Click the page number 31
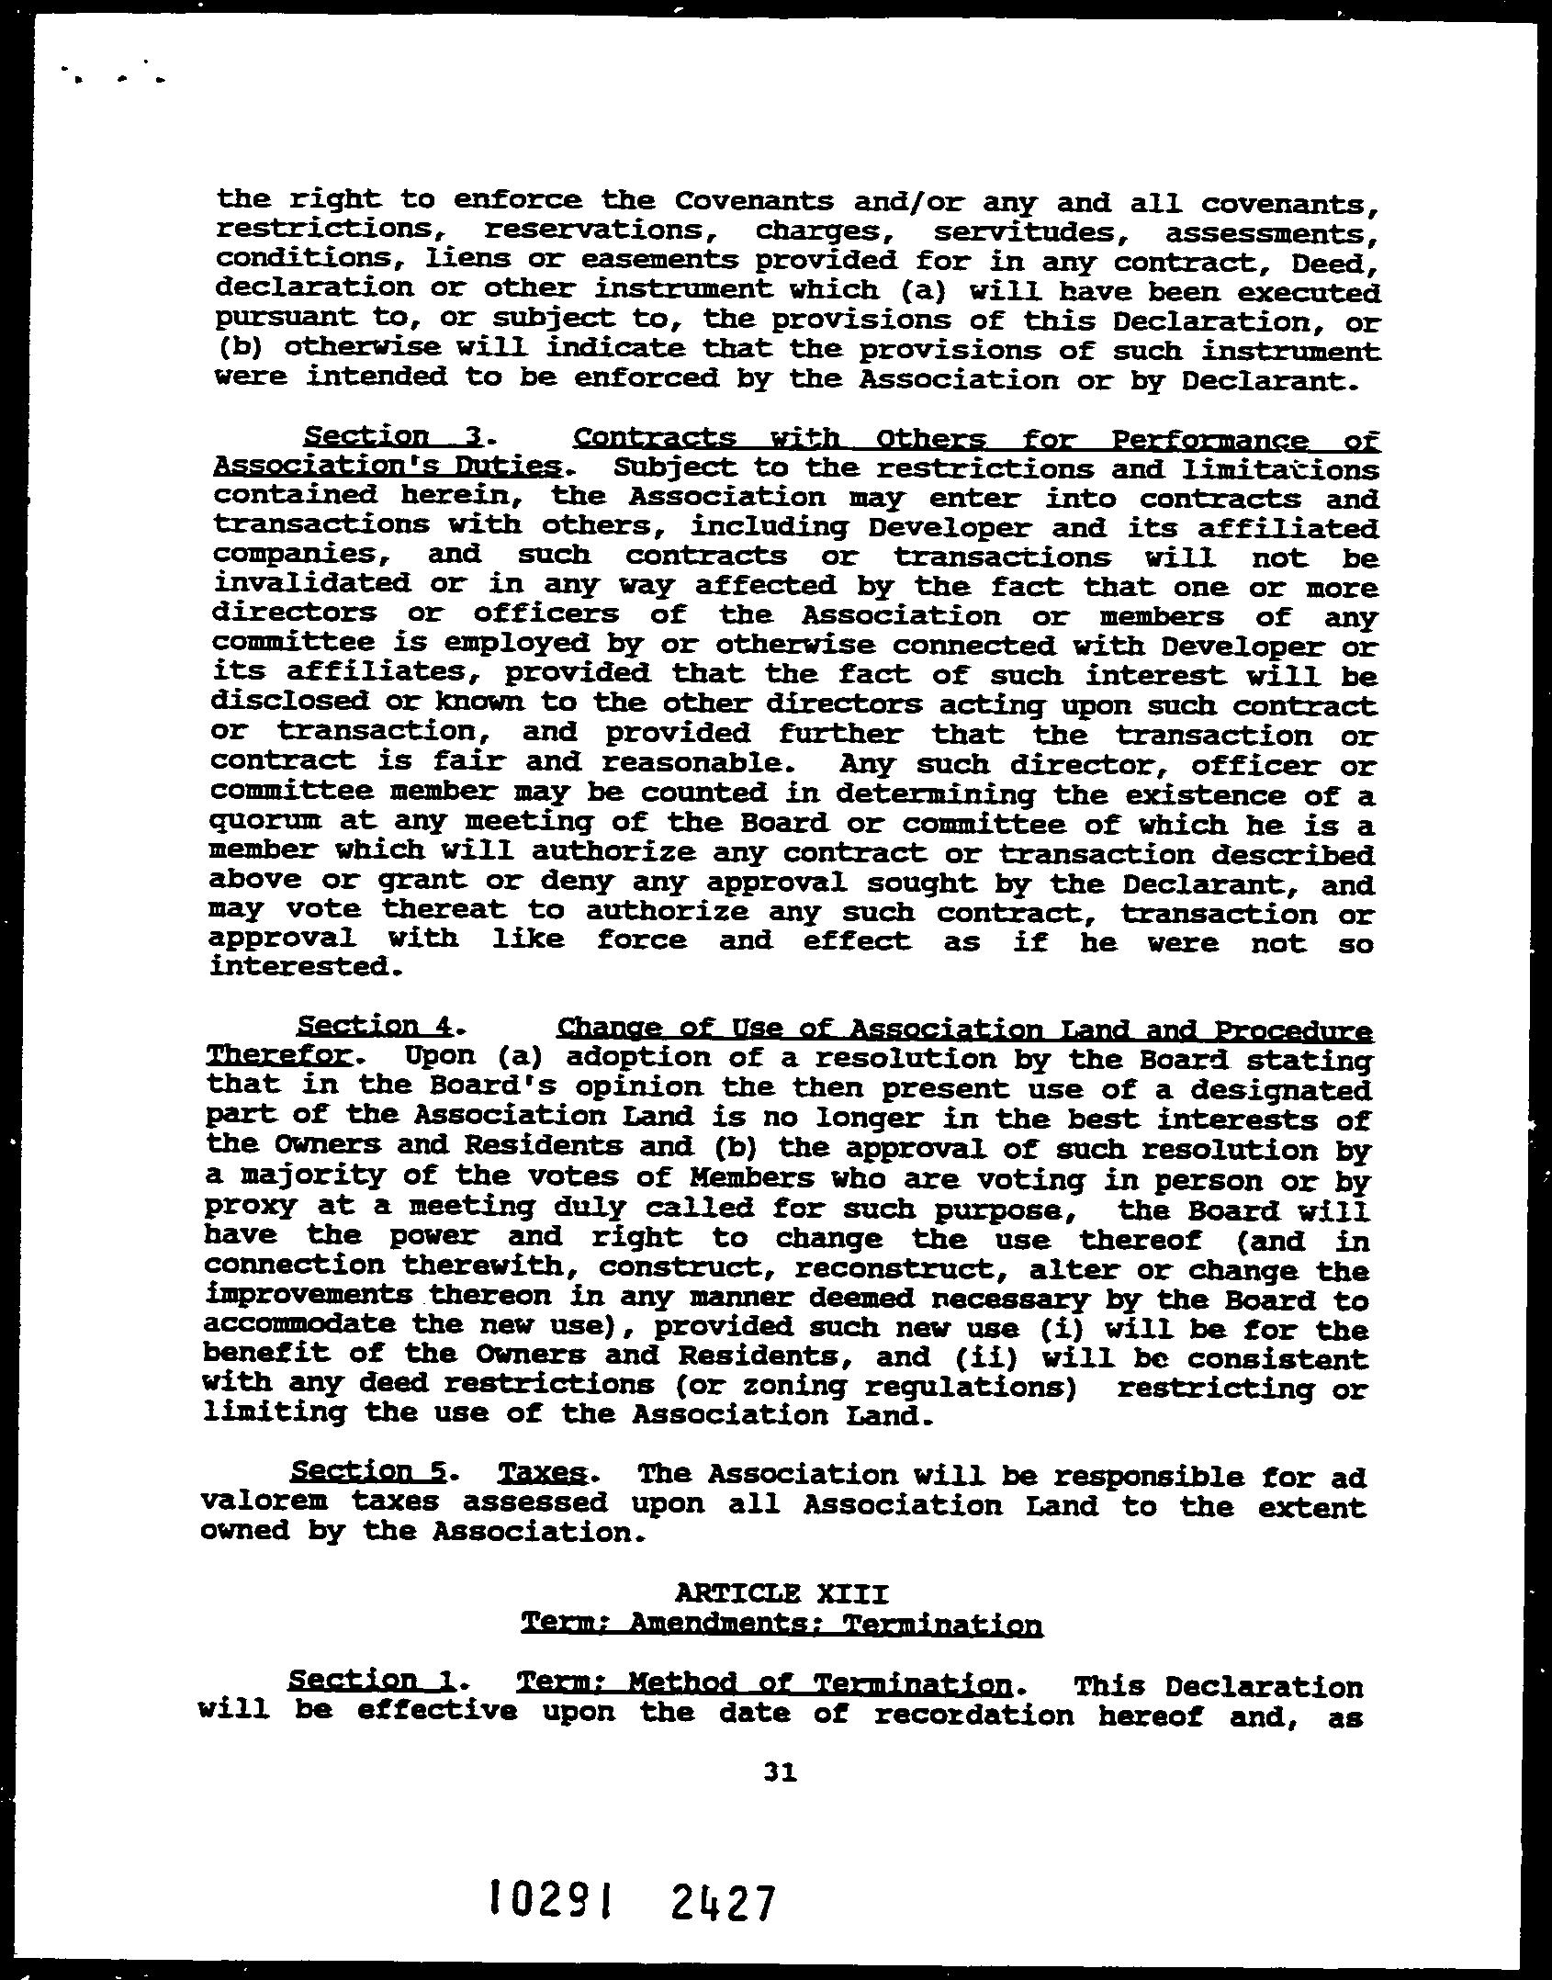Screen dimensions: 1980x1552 click(x=780, y=1772)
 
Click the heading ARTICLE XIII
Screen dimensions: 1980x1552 click(x=781, y=1591)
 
